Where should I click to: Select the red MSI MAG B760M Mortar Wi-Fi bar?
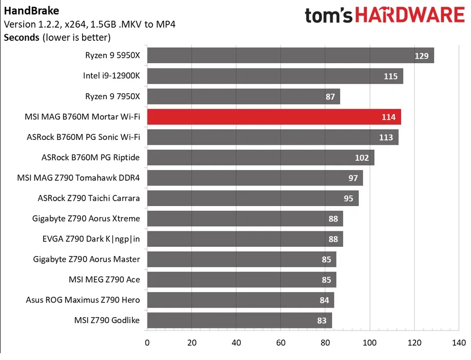point(273,117)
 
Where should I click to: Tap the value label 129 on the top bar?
point(421,56)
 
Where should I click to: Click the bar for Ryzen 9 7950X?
point(243,97)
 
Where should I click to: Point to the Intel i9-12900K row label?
point(111,76)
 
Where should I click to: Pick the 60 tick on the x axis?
point(281,342)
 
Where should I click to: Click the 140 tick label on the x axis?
point(459,342)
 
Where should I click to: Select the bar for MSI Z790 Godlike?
point(239,321)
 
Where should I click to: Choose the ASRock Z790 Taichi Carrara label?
point(88,198)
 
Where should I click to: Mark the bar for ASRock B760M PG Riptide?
point(260,158)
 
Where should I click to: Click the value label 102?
point(362,158)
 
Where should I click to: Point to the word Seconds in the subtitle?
point(21,37)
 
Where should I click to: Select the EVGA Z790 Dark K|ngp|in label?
point(91,239)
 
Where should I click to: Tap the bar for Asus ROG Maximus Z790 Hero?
point(240,300)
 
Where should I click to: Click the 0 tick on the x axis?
point(147,342)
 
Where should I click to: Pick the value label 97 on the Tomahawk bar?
point(353,178)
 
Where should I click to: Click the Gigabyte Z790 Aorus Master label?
point(86,259)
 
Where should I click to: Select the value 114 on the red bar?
point(388,117)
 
